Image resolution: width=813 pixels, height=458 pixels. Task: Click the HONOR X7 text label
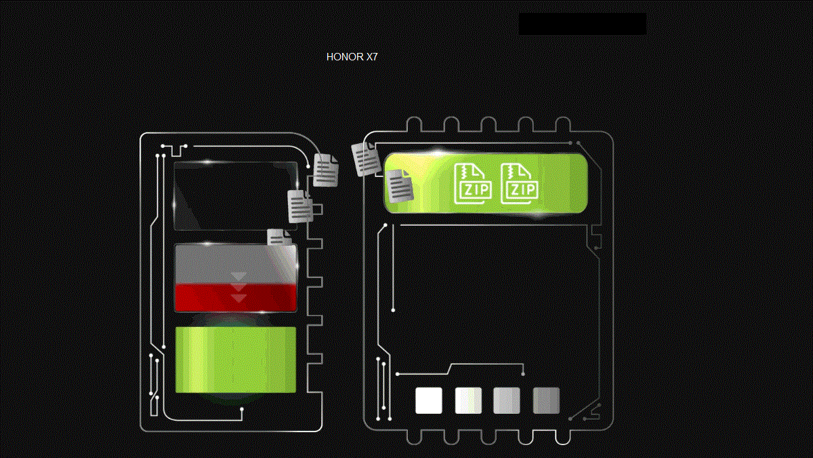tap(352, 57)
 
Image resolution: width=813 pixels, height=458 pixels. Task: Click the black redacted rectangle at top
tap(582, 24)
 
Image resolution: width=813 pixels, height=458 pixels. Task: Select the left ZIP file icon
tap(473, 184)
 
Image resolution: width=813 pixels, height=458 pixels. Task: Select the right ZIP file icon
tap(520, 184)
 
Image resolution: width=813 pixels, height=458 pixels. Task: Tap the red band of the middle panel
tap(236, 298)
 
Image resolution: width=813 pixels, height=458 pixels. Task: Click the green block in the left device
tap(236, 360)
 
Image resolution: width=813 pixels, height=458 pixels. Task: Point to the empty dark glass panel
tap(235, 196)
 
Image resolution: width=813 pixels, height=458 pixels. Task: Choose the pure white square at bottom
tap(429, 400)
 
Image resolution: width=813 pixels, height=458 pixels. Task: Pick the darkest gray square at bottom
tap(546, 400)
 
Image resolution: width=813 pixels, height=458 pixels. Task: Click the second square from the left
tap(469, 400)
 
